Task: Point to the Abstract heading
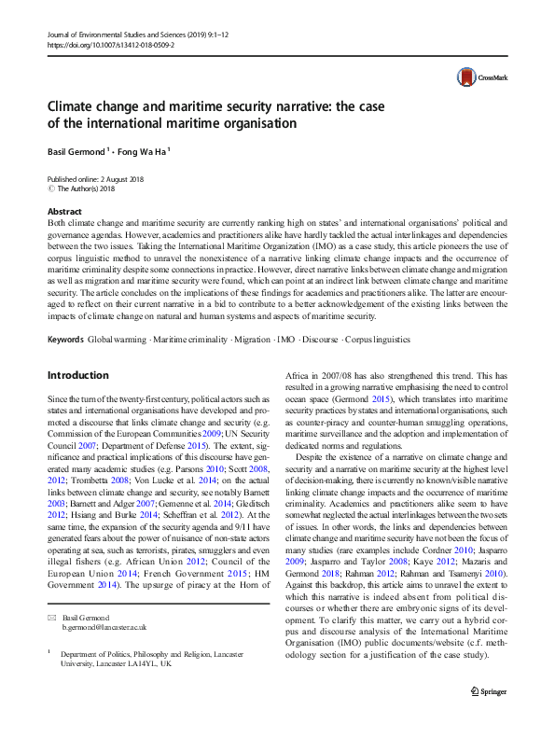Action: pyautogui.click(x=63, y=212)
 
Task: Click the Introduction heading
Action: pyautogui.click(x=77, y=349)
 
